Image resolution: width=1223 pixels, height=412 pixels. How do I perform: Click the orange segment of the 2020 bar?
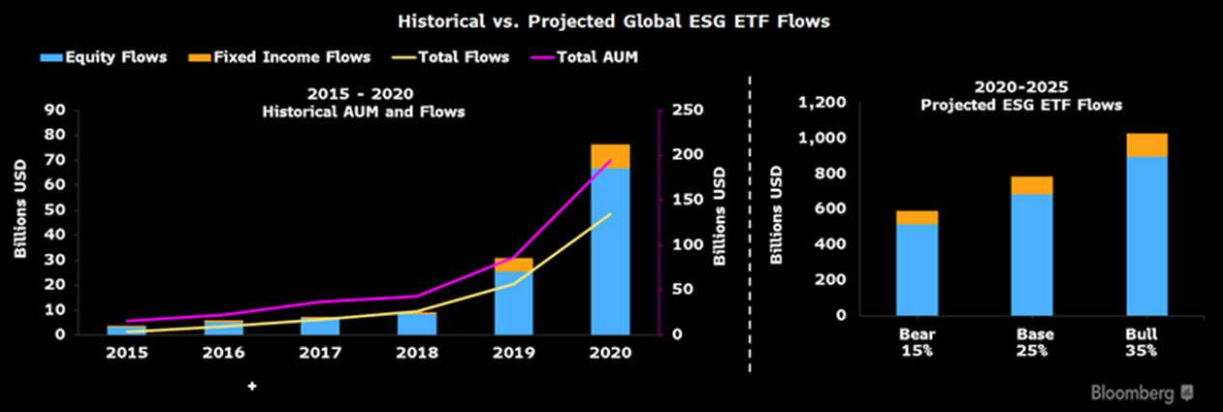pyautogui.click(x=610, y=155)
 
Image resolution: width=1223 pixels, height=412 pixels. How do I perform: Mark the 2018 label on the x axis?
pyautogui.click(x=417, y=353)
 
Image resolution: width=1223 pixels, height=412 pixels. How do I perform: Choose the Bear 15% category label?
pyautogui.click(x=917, y=342)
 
